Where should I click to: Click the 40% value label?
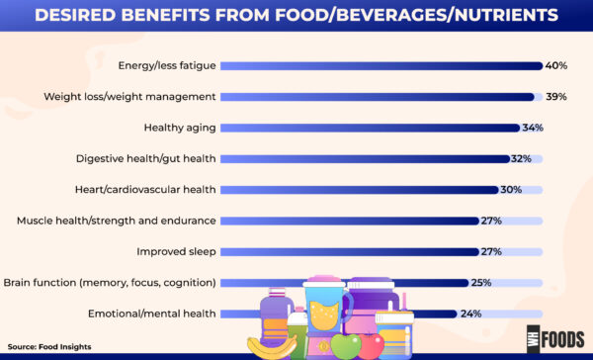pos(555,66)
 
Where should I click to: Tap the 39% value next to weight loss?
pos(555,97)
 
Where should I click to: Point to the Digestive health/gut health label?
pos(145,158)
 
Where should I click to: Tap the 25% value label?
pos(481,283)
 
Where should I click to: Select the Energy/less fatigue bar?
pos(381,66)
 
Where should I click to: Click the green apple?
pos(345,344)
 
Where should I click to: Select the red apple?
pos(372,345)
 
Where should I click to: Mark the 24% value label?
pos(470,314)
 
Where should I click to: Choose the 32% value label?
pos(522,158)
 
